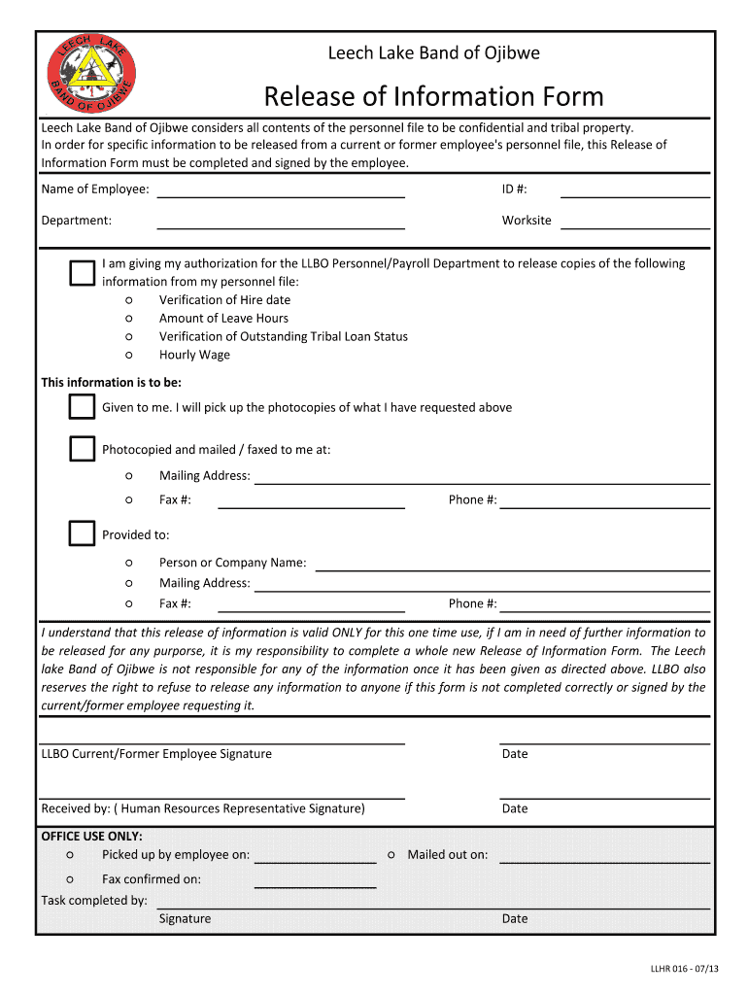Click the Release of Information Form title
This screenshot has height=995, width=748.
[x=433, y=96]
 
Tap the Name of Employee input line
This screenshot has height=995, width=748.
[x=281, y=190]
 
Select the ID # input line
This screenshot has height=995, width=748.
[x=635, y=190]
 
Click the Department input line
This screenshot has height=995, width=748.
[x=281, y=223]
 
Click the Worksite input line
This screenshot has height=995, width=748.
[x=635, y=223]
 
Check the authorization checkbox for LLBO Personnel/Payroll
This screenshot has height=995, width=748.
[x=82, y=273]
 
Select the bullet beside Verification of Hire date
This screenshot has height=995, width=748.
[x=129, y=300]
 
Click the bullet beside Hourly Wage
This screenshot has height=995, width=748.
[x=129, y=356]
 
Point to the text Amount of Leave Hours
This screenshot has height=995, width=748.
[x=223, y=319]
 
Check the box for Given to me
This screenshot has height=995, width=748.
[x=82, y=407]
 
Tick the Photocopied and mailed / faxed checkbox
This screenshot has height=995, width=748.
[x=82, y=449]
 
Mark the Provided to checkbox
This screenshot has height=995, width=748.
[x=82, y=533]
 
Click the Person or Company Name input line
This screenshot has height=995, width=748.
[x=513, y=565]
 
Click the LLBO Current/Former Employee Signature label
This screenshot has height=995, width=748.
[x=156, y=754]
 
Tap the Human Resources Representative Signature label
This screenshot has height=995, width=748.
[x=203, y=808]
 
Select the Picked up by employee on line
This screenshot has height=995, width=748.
[x=315, y=857]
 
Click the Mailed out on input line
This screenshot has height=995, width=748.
[x=604, y=857]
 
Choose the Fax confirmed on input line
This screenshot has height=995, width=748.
[x=315, y=881]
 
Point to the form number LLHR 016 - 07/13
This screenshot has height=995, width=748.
[x=685, y=969]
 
